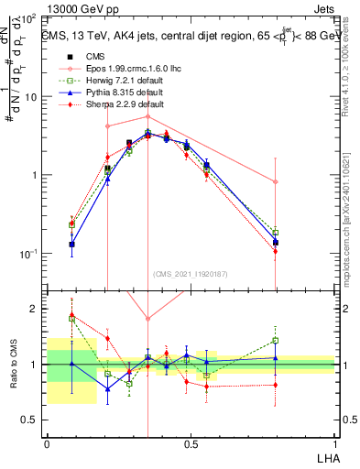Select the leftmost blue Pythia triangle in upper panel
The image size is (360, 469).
pos(72,245)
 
